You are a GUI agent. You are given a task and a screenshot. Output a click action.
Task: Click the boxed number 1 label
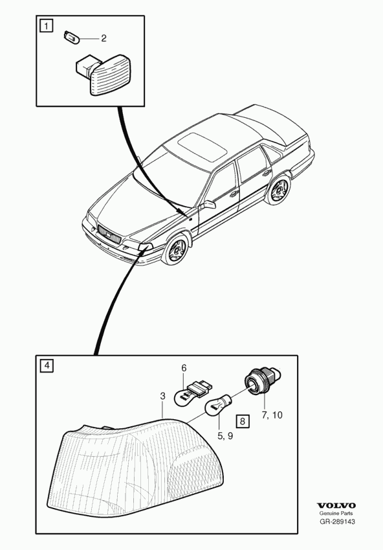tap(47, 26)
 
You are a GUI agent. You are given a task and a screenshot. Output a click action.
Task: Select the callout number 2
tap(104, 38)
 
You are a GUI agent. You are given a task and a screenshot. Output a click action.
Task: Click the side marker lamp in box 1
tap(99, 75)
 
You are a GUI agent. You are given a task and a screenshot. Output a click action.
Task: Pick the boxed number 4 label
tap(47, 366)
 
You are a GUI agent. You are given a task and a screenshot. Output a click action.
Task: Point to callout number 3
tap(162, 396)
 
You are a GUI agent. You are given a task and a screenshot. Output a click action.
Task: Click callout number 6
tap(184, 369)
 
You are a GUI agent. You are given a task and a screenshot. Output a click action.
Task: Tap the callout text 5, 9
tap(225, 435)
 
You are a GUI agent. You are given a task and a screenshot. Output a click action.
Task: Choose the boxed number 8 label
tap(243, 420)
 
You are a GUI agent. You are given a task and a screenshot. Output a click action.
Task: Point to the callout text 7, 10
tap(272, 415)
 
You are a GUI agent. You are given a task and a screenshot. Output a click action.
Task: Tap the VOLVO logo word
tap(336, 505)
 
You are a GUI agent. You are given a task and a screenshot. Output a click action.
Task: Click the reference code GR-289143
tap(337, 521)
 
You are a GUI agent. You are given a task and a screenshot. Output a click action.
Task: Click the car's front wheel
tap(176, 250)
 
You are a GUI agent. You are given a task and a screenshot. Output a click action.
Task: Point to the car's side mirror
tap(208, 205)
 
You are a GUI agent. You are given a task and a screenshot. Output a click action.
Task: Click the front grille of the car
tap(109, 234)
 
